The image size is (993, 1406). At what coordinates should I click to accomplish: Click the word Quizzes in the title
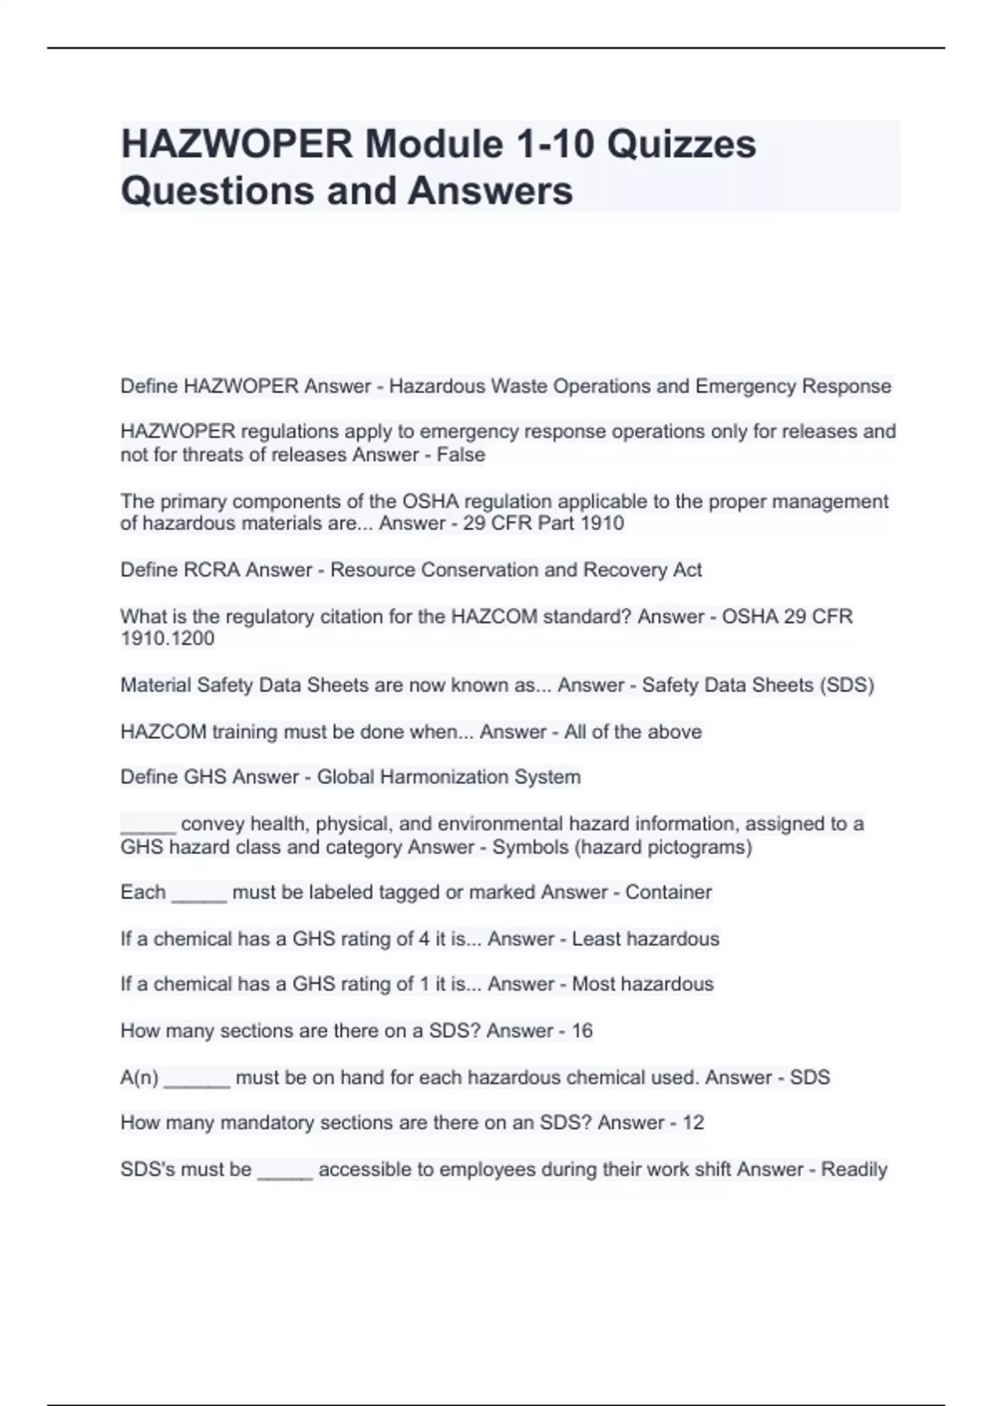(681, 144)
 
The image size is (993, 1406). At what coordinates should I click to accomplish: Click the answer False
(461, 455)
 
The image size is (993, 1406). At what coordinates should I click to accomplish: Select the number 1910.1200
(167, 638)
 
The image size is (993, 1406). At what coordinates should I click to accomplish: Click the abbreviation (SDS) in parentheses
(846, 686)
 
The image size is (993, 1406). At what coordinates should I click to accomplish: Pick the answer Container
(668, 892)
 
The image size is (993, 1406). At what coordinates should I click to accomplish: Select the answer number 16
(582, 1031)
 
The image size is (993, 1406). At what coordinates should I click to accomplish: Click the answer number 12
(693, 1123)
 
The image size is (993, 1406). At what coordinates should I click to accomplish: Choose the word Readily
(853, 1170)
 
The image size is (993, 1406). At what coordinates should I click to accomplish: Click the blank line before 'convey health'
(148, 827)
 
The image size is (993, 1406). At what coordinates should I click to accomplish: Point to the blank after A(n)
(197, 1081)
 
